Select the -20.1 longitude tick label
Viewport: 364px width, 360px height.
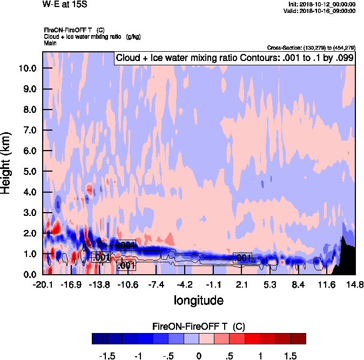point(43,284)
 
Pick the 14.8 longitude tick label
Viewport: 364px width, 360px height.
point(355,284)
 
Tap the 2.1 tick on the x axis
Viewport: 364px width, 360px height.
point(242,284)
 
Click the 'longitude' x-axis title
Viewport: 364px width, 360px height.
point(198,300)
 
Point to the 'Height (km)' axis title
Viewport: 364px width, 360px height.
point(7,163)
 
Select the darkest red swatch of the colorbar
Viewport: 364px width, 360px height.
point(298,338)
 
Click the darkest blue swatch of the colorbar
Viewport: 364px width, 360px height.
point(99,338)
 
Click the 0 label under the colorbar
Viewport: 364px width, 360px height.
point(199,356)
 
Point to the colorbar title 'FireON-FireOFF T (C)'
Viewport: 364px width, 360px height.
point(199,327)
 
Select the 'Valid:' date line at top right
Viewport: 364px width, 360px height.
point(321,10)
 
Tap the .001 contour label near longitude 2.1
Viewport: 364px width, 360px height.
point(242,258)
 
